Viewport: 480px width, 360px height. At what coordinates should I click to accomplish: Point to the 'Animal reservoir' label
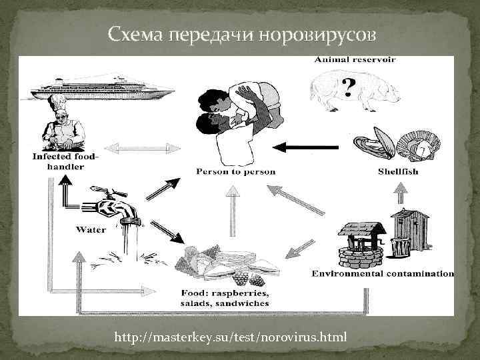(354, 59)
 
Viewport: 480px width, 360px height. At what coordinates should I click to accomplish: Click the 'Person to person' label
(235, 171)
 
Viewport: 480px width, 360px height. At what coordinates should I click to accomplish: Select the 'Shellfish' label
(398, 171)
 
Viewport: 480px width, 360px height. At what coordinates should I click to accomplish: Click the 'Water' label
(91, 230)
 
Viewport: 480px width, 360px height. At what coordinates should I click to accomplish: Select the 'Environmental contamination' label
(383, 273)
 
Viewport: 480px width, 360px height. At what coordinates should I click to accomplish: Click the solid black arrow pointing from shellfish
(311, 147)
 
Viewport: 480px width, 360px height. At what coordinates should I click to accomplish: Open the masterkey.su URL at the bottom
(231, 337)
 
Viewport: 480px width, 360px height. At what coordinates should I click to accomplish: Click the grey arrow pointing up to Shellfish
(399, 194)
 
